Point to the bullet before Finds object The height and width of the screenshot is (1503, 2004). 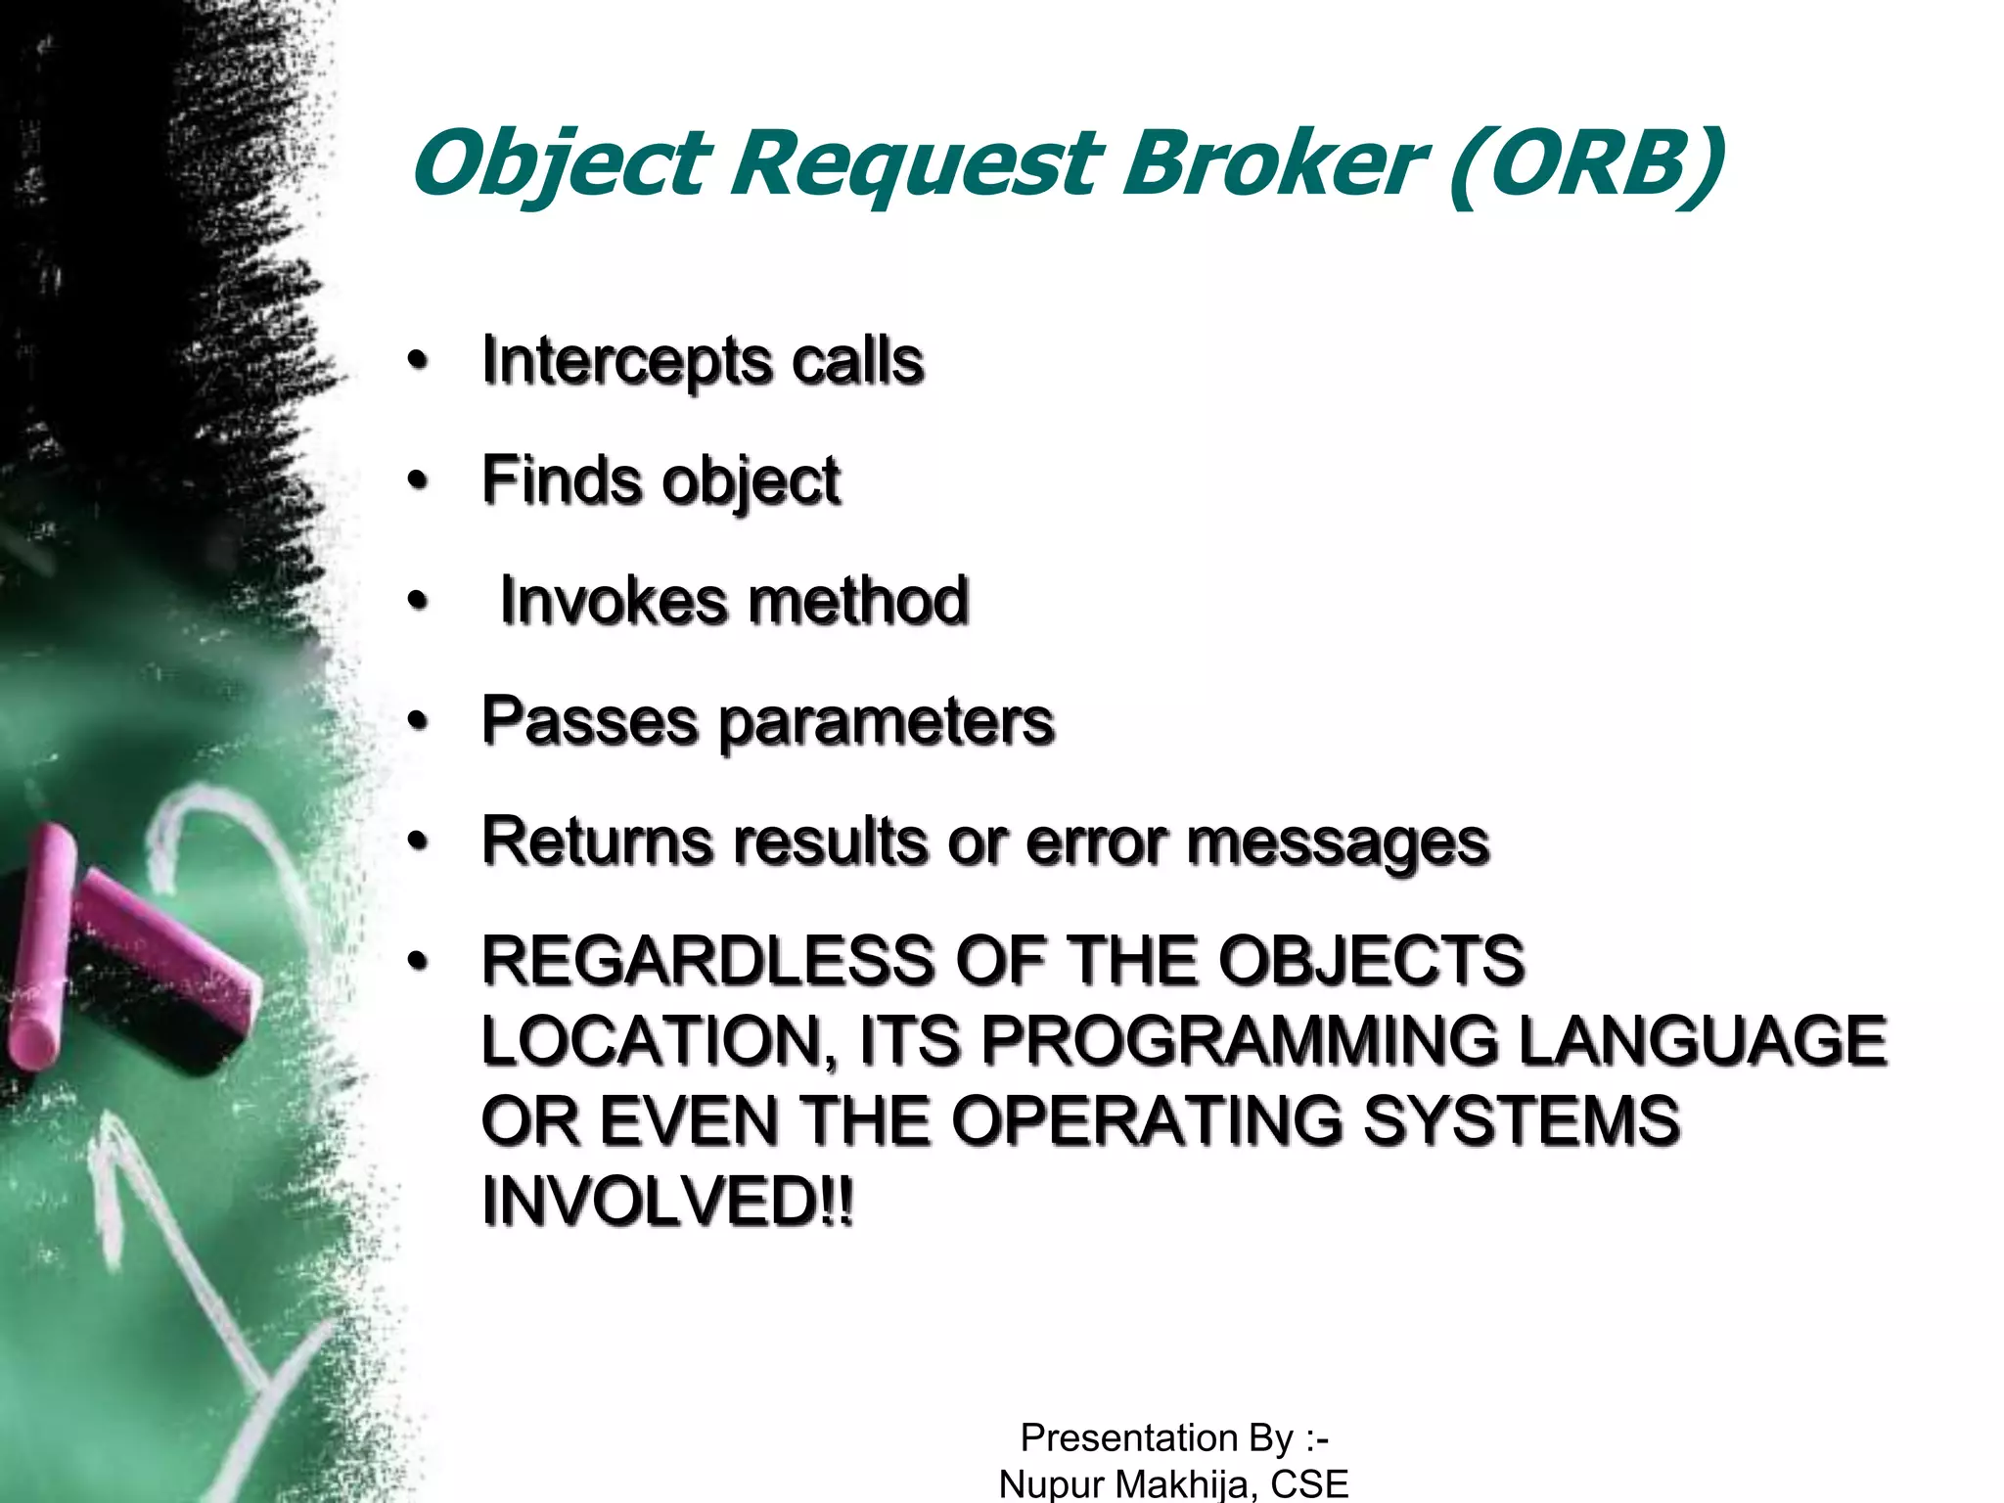point(419,481)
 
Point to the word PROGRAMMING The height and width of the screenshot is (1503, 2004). point(1238,1041)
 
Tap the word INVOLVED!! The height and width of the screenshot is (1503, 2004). point(668,1202)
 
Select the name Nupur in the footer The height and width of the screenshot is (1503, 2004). point(1051,1484)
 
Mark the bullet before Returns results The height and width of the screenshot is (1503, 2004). point(419,843)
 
